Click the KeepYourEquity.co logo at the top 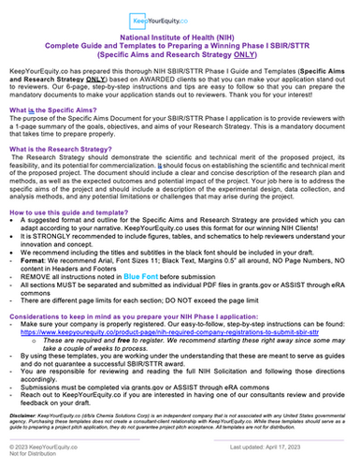[x=180, y=15]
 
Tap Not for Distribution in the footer [x=36, y=460]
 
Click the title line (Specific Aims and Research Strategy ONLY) [x=180, y=54]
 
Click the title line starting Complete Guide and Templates [x=180, y=46]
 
